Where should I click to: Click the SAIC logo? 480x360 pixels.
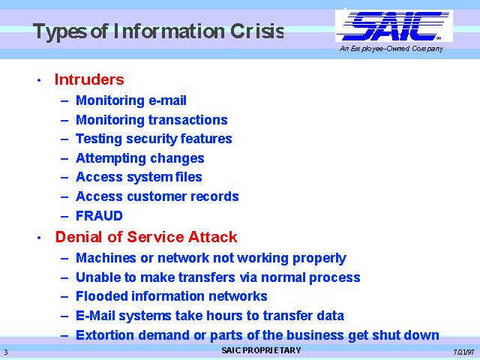coord(394,25)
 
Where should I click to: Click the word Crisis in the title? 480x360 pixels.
coord(257,31)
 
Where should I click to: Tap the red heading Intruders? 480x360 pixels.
coord(89,79)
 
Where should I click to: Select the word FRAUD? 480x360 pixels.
coord(99,216)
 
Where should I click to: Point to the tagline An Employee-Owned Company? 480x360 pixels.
coord(391,49)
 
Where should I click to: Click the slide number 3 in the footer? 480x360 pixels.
coord(6,352)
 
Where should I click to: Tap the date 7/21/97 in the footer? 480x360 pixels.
coord(463,352)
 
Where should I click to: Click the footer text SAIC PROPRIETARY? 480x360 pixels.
coord(261,350)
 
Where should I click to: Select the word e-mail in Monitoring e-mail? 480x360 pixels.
coord(167,100)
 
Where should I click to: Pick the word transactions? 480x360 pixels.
coord(188,120)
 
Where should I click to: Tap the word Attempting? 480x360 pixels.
coord(111,158)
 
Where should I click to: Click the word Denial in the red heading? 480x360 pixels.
coord(78,237)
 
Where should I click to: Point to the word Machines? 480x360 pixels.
coord(106,258)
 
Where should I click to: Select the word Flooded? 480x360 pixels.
coord(102,296)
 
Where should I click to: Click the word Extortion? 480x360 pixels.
coord(105,335)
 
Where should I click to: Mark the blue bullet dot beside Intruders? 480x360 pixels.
coord(39,80)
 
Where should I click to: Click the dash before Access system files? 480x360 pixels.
coord(64,178)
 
